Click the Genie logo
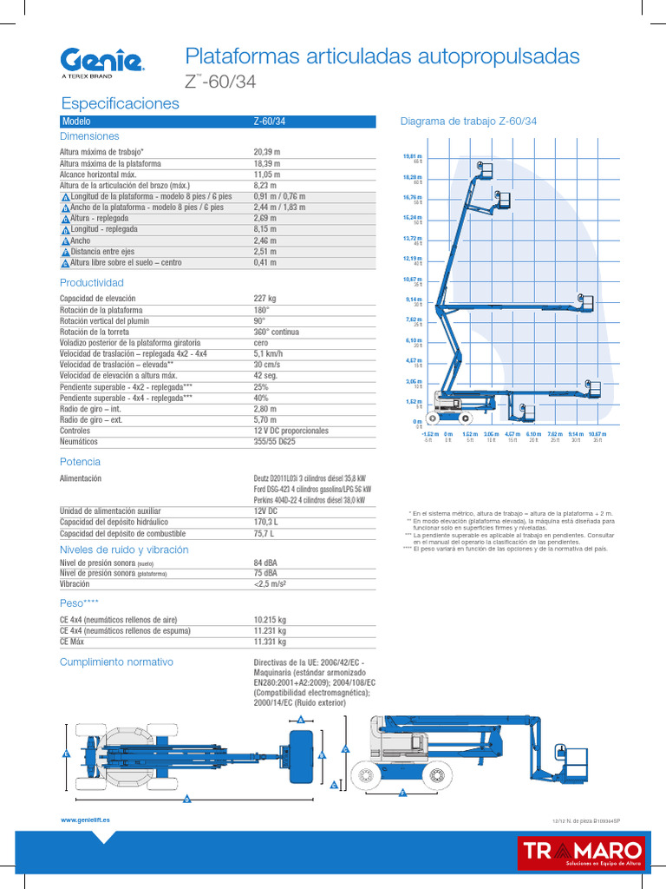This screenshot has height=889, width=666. [x=101, y=62]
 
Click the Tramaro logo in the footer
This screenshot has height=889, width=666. [x=581, y=853]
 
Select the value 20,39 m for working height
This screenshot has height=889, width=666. [x=266, y=152]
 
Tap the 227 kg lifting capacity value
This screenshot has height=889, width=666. [x=264, y=299]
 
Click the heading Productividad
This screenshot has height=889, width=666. [x=91, y=283]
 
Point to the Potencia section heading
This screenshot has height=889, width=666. [x=80, y=462]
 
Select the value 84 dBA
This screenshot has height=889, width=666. [x=265, y=563]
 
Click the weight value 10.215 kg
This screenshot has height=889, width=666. [x=270, y=620]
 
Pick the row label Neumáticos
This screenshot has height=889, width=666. [x=80, y=442]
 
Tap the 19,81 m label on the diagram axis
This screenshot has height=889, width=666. [x=412, y=155]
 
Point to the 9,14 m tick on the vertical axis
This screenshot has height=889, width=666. [x=413, y=300]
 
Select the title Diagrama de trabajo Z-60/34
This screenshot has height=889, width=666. [x=468, y=122]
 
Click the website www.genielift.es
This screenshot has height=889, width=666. [x=85, y=820]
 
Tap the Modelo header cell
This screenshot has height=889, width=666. [x=76, y=122]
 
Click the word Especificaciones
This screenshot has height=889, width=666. [x=120, y=103]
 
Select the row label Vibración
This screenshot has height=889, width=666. [x=75, y=584]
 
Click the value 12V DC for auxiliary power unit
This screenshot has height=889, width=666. [x=266, y=511]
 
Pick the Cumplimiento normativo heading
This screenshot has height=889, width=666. [x=116, y=662]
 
